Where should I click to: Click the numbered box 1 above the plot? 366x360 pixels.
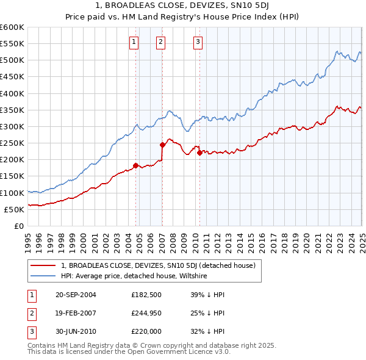point(134,42)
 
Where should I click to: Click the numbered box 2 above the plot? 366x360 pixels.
point(160,42)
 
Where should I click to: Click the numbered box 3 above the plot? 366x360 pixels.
point(198,42)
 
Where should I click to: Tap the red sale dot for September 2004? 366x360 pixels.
point(135,165)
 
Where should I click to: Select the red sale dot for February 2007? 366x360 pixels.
point(162,145)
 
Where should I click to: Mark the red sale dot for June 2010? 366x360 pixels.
point(199,153)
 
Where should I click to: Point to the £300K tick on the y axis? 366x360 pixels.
point(13,126)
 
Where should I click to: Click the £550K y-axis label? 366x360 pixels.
point(13,44)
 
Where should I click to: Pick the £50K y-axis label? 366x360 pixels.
point(15,209)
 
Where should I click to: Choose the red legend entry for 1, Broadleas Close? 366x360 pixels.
point(162,265)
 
